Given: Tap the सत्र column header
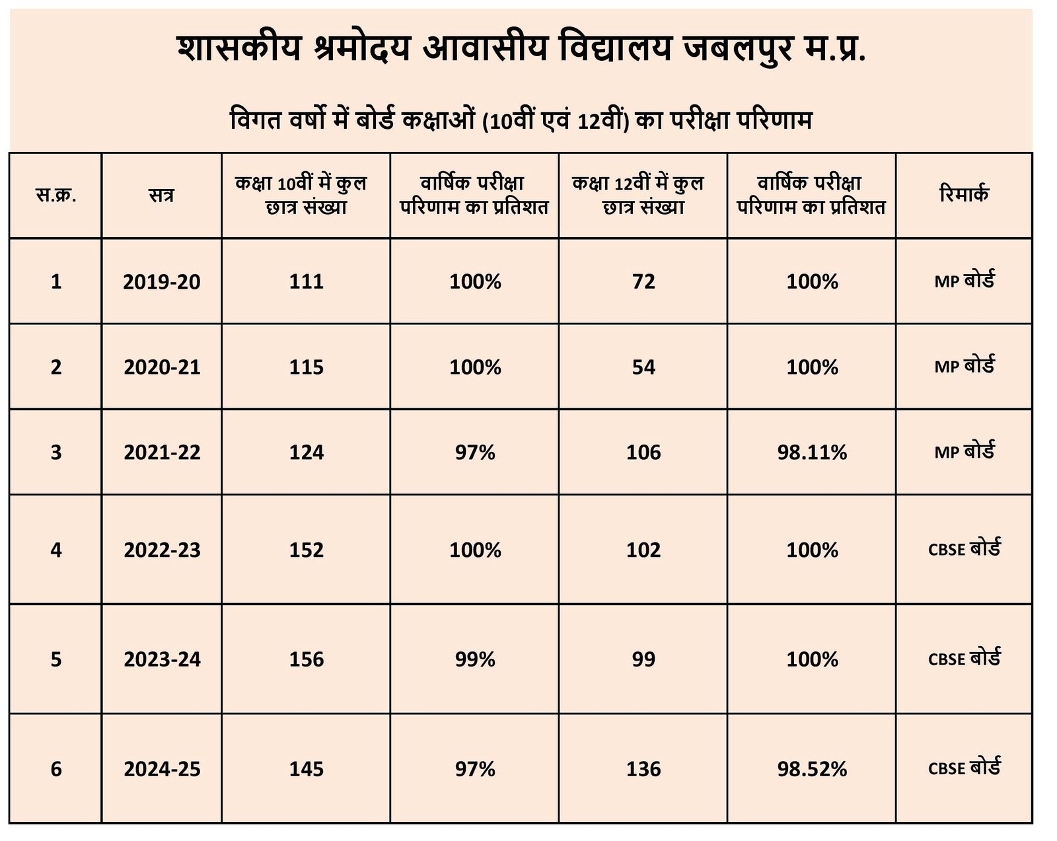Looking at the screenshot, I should coord(161,196).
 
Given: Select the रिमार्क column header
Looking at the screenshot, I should coord(964,195).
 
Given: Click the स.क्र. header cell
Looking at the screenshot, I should coord(55,196).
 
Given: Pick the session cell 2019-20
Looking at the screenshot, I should coord(161,281).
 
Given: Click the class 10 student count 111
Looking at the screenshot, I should coord(306,281).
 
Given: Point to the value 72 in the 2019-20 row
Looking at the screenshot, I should coord(643,281).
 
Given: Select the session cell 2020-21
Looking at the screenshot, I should coord(161,367).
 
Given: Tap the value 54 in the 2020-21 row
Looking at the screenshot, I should coord(643,367).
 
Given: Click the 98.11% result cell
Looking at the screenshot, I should coord(811,453).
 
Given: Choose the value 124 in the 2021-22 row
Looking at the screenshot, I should coord(306,453).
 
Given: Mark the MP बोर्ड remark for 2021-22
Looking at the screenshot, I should coord(964,453).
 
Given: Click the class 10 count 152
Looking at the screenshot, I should coord(306,550).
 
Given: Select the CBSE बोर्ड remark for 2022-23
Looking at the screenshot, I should coord(964,550).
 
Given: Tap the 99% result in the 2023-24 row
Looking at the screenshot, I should coord(474,659).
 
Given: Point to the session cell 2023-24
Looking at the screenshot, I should coord(161,659).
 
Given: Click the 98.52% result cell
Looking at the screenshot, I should coord(811,769).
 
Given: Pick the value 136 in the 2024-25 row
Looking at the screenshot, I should coord(643,769).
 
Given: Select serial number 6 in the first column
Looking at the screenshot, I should coord(55,769).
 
